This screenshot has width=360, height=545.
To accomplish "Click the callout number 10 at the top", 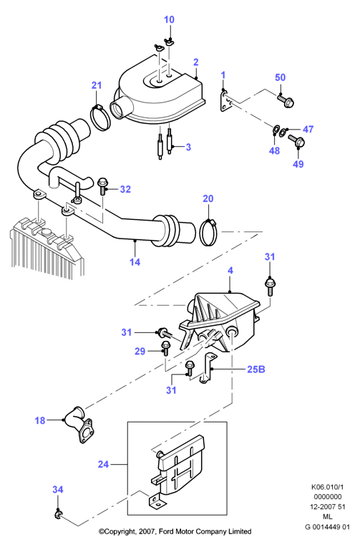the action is tap(169, 19).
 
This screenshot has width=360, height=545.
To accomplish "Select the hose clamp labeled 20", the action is tap(209, 232).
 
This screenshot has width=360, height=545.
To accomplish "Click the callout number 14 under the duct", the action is tap(135, 261).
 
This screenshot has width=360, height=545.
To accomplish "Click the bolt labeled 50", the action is tap(286, 100).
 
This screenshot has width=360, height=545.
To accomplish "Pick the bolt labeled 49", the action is tap(297, 141).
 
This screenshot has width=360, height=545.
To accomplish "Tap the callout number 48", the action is tap(275, 150).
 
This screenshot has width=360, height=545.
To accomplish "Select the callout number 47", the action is tap(308, 130).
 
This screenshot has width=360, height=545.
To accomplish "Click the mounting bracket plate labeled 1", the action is tap(226, 101).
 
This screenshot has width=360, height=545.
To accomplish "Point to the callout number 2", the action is tap(196, 62).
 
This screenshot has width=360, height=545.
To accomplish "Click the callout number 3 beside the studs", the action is tap(188, 147).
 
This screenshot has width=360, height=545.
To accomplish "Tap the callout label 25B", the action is tap(256, 369).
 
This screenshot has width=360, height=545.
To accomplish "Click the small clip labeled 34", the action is tap(58, 514).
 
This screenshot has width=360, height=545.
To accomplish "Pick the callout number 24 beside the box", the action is tap(103, 464).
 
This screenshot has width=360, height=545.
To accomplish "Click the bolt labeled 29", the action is tap(165, 348).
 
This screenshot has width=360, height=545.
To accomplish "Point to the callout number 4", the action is tap(230, 271).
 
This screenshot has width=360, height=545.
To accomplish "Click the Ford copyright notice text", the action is tap(175, 531).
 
